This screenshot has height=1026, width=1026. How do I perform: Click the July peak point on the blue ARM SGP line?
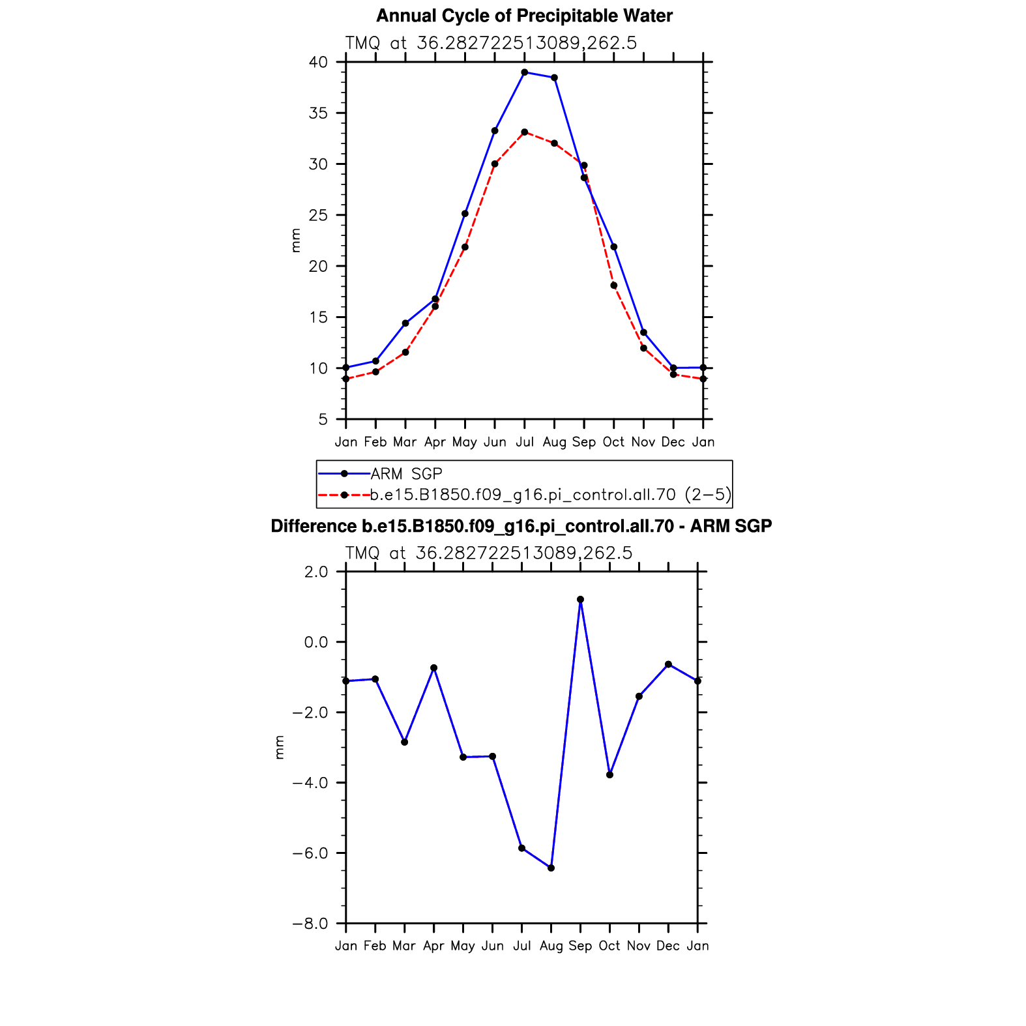[525, 72]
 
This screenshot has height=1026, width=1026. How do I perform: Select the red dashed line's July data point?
[525, 132]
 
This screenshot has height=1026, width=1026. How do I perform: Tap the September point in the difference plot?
[580, 600]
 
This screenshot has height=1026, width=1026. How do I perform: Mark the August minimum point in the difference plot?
[551, 868]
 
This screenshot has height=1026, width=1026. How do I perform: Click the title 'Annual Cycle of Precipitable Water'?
[525, 16]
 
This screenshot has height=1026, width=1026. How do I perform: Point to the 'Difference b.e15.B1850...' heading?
[521, 526]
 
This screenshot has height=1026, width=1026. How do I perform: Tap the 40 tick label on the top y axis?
[318, 62]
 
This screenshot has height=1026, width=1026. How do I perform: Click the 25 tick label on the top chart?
[318, 215]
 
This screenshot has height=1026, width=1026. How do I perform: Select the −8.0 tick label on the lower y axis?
[310, 924]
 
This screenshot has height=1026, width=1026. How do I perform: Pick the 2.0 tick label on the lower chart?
[316, 572]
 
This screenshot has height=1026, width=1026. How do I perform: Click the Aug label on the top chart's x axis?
[554, 443]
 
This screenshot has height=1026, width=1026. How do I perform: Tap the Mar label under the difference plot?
[404, 946]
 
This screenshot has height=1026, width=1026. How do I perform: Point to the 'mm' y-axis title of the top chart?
[296, 241]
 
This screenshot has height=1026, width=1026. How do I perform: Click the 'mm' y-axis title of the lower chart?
[280, 748]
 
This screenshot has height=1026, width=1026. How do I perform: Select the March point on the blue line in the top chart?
[405, 323]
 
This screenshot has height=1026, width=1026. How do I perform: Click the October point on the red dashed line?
[614, 286]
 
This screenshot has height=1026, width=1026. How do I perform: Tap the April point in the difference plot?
[433, 668]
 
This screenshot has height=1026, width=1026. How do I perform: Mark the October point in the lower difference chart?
[609, 775]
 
